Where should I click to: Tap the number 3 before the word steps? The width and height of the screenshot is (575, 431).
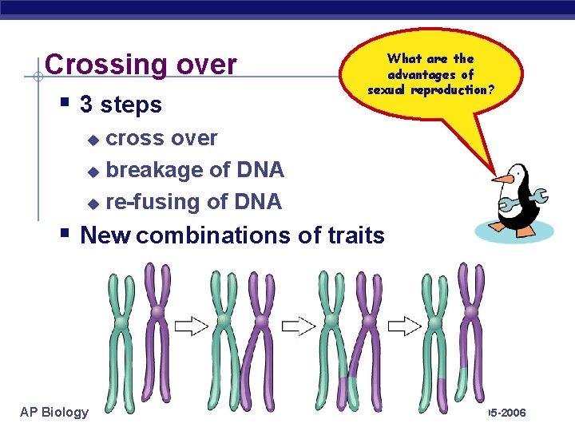tap(86, 105)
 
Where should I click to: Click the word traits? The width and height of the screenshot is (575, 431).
tap(356, 235)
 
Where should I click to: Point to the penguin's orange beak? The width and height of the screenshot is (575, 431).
tap(502, 178)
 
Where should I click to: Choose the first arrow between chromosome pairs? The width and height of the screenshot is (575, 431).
tap(191, 326)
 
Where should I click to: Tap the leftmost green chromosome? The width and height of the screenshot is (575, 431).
tap(120, 335)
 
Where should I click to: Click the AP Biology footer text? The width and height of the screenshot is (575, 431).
tap(54, 412)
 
